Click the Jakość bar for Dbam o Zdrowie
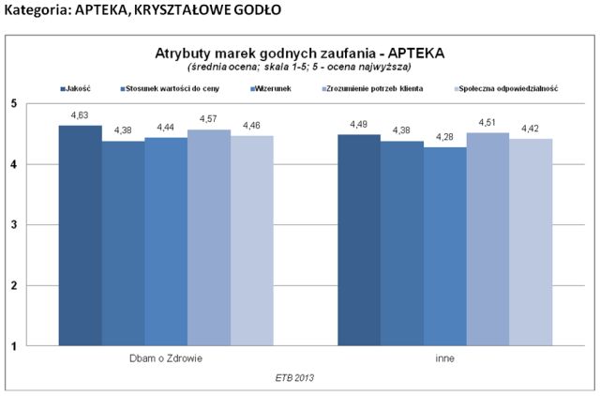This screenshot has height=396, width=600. click(x=80, y=235)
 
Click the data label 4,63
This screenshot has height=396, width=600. click(x=80, y=114)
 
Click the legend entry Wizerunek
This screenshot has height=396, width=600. click(x=275, y=87)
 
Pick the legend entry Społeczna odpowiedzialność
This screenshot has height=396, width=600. click(x=509, y=87)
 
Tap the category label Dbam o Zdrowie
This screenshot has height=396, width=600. click(x=166, y=359)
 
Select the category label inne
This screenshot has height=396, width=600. click(x=445, y=359)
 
